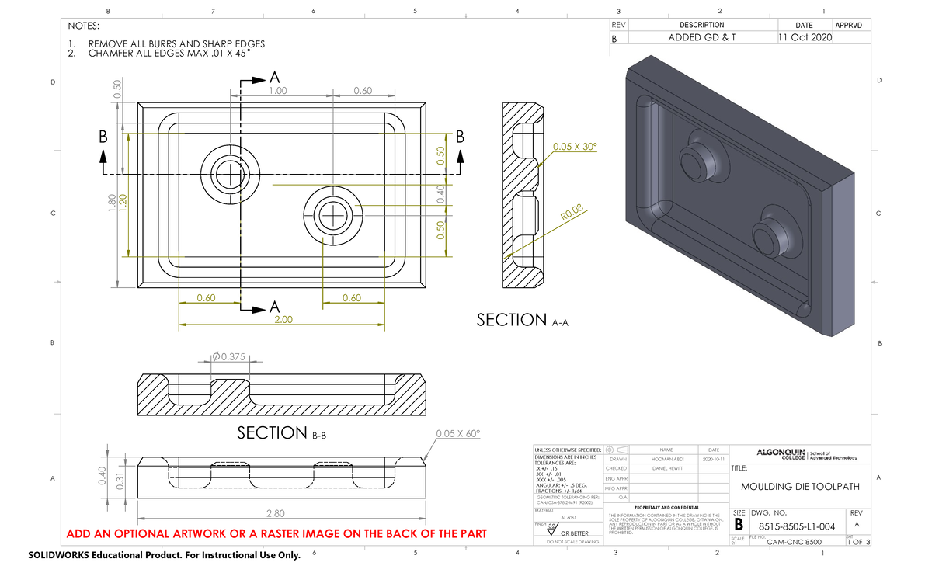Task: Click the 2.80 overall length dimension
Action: coord(275,513)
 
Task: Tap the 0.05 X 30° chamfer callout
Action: coord(574,146)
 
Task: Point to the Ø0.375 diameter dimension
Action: coord(229,357)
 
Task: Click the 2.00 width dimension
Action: coord(283,319)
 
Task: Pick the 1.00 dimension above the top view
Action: coord(277,91)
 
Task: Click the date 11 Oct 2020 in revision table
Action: coord(803,38)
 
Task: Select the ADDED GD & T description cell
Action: coord(701,38)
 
